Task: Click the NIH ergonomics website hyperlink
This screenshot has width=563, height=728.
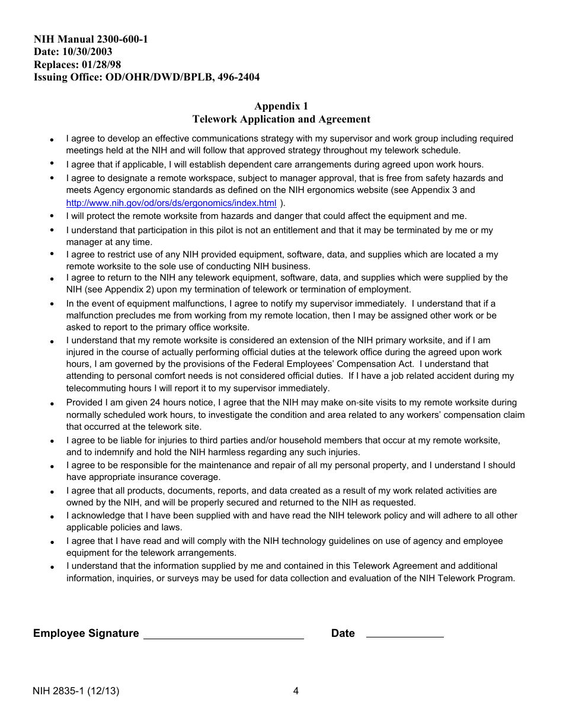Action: pyautogui.click(x=171, y=202)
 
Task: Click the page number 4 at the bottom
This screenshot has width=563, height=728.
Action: pyautogui.click(x=296, y=691)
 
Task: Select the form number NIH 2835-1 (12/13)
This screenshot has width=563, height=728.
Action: pyautogui.click(x=76, y=691)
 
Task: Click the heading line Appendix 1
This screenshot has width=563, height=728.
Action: pyautogui.click(x=281, y=107)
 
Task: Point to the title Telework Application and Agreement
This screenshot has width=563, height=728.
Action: pyautogui.click(x=281, y=120)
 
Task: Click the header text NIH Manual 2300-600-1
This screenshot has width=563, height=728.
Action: pyautogui.click(x=91, y=40)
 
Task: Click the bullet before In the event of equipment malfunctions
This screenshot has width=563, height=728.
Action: pyautogui.click(x=52, y=304)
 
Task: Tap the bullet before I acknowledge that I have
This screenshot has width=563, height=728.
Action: pyautogui.click(x=52, y=517)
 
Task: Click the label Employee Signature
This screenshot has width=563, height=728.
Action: pyautogui.click(x=86, y=633)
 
